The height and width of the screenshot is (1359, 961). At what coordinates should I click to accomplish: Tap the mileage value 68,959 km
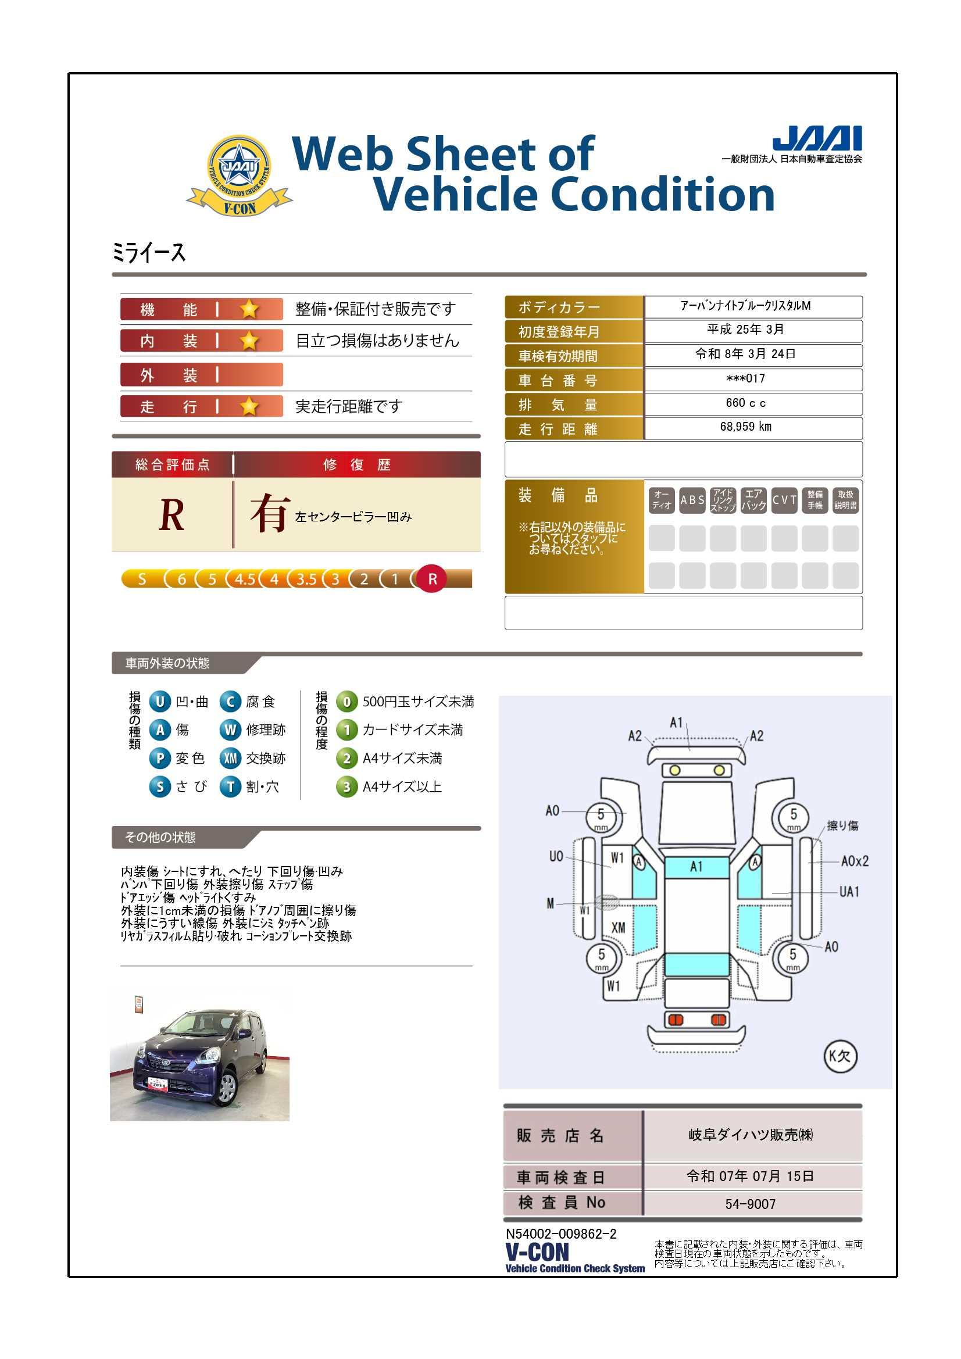pyautogui.click(x=745, y=427)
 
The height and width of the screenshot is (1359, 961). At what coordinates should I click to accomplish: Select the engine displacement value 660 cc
pyautogui.click(x=745, y=403)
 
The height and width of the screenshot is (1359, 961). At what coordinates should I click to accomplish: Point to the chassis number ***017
pyautogui.click(x=745, y=379)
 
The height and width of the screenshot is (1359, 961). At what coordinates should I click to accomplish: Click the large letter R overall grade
pyautogui.click(x=172, y=516)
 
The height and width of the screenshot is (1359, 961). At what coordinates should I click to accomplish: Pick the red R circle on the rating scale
pyautogui.click(x=432, y=579)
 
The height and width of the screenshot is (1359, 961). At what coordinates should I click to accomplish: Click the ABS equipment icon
pyautogui.click(x=692, y=500)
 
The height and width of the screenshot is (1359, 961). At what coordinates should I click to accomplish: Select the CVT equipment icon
pyautogui.click(x=784, y=500)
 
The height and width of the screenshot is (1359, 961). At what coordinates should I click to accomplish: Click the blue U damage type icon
pyautogui.click(x=160, y=702)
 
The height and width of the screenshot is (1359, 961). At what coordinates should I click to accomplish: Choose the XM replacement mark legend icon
pyautogui.click(x=230, y=758)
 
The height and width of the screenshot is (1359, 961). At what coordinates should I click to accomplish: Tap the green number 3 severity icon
pyautogui.click(x=347, y=787)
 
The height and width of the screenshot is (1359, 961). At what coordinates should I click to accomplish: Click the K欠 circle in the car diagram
pyautogui.click(x=840, y=1056)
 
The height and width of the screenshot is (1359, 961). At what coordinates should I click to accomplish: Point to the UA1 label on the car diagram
pyautogui.click(x=850, y=892)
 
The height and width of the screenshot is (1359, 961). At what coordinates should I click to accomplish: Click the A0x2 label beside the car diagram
pyautogui.click(x=855, y=861)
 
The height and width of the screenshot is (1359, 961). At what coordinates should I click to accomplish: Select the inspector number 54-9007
pyautogui.click(x=750, y=1204)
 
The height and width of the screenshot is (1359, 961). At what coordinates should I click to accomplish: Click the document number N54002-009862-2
pyautogui.click(x=561, y=1234)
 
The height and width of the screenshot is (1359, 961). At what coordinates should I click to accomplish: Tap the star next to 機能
pyautogui.click(x=249, y=309)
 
